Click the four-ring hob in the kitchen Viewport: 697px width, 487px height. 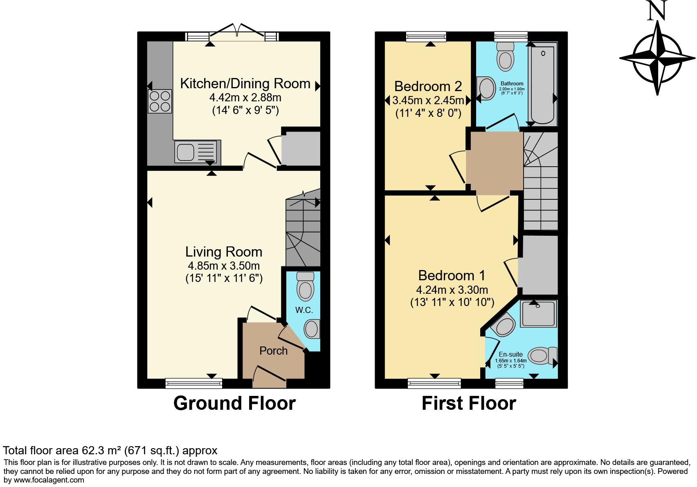click(x=160, y=101)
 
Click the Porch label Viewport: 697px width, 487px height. click(x=273, y=351)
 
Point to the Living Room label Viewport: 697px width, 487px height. click(x=223, y=252)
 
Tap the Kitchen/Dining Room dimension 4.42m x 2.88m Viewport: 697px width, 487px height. click(x=245, y=98)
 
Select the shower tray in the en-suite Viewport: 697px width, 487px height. click(x=538, y=314)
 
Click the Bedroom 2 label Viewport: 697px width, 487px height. click(x=428, y=86)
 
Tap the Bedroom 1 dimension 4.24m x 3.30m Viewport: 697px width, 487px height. click(x=452, y=290)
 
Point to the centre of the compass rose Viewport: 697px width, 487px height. click(x=657, y=58)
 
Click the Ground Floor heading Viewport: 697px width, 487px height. click(x=234, y=403)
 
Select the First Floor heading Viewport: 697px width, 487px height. click(x=469, y=403)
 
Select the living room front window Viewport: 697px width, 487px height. click(x=194, y=383)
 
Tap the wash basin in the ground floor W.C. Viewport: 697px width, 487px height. click(x=313, y=329)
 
